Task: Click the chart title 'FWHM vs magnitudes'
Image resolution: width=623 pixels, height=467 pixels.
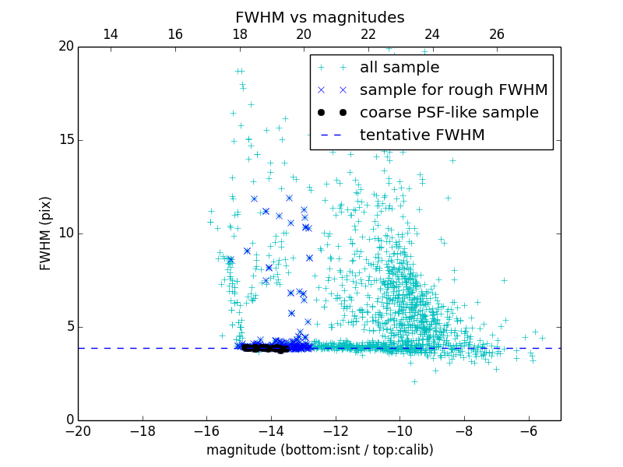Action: click(x=319, y=17)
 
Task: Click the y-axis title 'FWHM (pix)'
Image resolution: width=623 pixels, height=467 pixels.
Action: click(x=45, y=233)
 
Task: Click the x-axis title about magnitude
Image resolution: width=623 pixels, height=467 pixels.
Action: click(x=319, y=451)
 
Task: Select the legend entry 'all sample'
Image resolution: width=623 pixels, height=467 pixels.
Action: click(x=399, y=68)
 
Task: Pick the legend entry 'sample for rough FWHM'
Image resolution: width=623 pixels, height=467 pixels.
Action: click(x=453, y=90)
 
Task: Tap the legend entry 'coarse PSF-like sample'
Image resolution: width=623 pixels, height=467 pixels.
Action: click(x=449, y=113)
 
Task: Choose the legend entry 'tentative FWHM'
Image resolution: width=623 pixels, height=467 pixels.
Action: click(x=422, y=135)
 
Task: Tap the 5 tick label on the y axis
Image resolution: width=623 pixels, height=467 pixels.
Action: click(x=69, y=327)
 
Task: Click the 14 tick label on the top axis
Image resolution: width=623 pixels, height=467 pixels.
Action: click(x=111, y=34)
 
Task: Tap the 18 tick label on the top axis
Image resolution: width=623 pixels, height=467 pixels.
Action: click(x=239, y=34)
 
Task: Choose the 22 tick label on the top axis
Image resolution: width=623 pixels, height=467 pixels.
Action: click(x=368, y=34)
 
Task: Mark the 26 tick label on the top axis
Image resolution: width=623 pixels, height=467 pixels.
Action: click(x=496, y=34)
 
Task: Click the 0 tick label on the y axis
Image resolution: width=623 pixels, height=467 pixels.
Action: click(x=69, y=420)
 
